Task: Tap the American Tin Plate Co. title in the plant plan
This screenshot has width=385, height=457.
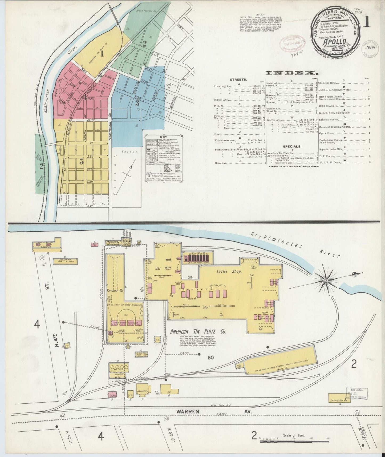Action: (198, 332)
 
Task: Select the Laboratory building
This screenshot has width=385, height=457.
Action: (142, 391)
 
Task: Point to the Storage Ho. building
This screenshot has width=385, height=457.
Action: (65, 261)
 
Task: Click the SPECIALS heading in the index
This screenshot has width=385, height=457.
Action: (292, 146)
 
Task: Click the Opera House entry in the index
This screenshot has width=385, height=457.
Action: (327, 133)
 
